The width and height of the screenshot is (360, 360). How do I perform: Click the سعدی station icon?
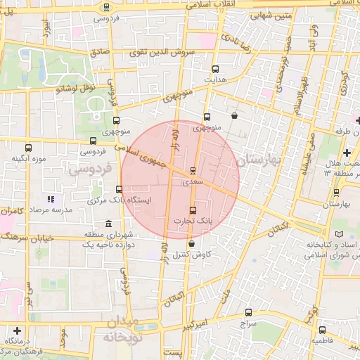pos(193,170)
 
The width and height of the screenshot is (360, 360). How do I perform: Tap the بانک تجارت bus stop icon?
pos(193,210)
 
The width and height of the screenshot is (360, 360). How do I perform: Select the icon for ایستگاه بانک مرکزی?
pos(118,189)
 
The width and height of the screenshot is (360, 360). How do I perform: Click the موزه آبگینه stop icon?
pos(28,148)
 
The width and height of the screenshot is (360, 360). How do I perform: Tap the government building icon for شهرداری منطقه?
pos(108,224)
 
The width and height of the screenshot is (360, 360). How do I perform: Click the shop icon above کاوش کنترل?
pos(191,243)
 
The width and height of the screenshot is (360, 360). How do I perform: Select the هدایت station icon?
pos(216,69)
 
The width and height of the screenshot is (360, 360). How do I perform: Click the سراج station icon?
pos(247,313)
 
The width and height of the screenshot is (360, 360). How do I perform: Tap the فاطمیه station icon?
pos(322,330)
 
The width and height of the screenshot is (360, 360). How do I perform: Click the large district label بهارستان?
pos(259,161)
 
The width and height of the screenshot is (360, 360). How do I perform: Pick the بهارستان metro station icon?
pos(336,193)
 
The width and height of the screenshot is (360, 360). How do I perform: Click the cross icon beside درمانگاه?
pos(17,330)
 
